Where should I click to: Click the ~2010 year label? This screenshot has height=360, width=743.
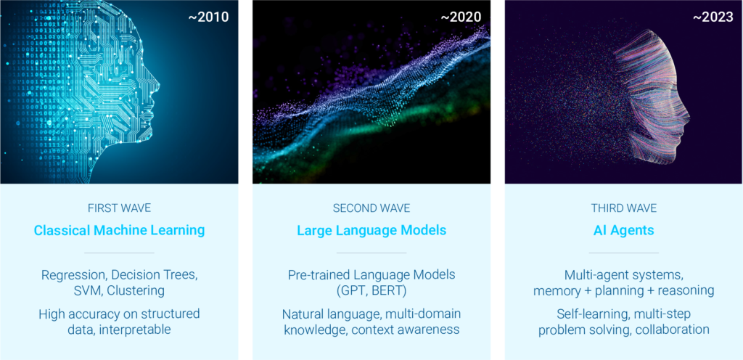pos(208,17)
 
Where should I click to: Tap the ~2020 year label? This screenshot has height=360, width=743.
pos(461,17)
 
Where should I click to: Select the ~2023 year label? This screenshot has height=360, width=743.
pos(713,17)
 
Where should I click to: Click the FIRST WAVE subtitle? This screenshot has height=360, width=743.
pos(119,208)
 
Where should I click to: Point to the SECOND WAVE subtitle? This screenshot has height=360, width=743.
pos(371,208)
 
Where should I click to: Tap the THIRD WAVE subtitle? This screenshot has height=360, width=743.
pos(623,208)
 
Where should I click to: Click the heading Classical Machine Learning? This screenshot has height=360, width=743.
pos(119,231)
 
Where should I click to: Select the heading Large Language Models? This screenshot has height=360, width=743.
pos(371,231)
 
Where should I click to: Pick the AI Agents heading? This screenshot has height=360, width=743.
pos(623,231)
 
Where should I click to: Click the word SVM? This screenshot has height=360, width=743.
pos(88,290)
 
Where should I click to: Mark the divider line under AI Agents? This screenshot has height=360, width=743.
pos(623,253)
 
